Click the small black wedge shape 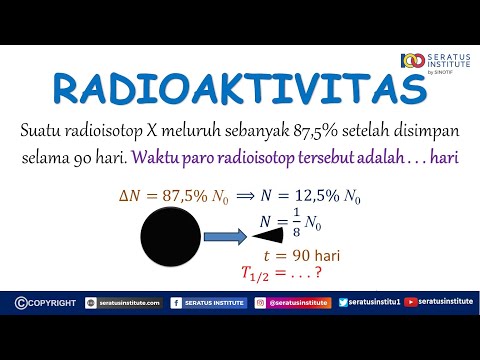tap(269, 236)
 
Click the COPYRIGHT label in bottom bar tap(45, 301)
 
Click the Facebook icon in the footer tap(176, 301)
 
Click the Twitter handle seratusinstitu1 tap(378, 301)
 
